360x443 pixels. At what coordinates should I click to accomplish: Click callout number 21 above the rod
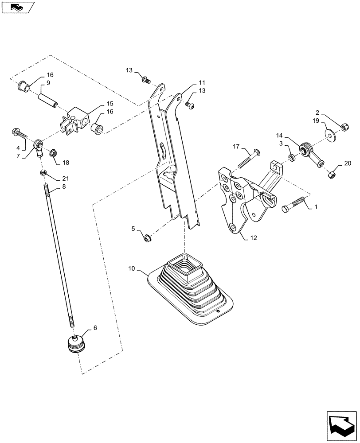coord(66,179)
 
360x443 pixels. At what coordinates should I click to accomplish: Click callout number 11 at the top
coord(202,83)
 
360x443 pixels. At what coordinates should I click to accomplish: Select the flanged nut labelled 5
coord(147,237)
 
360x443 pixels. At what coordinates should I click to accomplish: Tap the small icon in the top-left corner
coord(18,7)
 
